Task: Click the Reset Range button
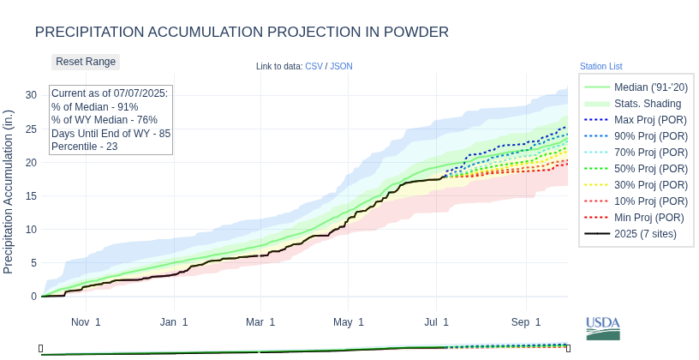click(x=86, y=62)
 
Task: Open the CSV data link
click(x=313, y=66)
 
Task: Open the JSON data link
click(x=341, y=66)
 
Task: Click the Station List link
click(x=600, y=66)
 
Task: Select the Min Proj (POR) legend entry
click(x=636, y=218)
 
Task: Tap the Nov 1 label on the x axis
click(x=86, y=322)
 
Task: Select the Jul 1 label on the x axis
click(x=437, y=322)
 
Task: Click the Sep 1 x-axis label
click(x=526, y=322)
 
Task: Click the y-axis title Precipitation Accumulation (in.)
click(x=9, y=191)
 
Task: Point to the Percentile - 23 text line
click(x=85, y=147)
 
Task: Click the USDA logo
click(x=603, y=328)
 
